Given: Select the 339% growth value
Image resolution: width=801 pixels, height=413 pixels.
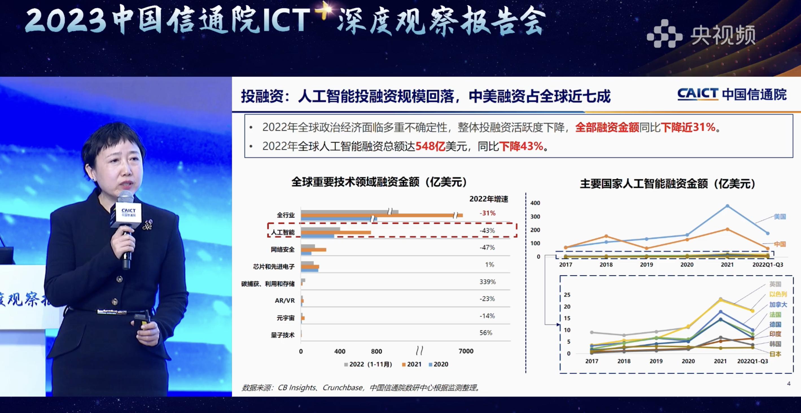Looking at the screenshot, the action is coord(487,282).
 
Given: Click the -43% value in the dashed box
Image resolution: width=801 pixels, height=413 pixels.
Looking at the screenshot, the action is coord(487,230).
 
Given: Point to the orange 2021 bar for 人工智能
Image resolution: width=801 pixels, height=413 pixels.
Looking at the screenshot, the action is coord(336,232).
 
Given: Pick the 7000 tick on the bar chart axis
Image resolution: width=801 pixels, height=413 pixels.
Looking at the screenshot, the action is coord(466,351).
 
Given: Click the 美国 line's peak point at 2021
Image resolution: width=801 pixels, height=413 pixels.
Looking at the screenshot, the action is coord(727,206).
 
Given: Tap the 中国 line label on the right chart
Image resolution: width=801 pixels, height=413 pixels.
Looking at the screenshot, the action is coord(780,244).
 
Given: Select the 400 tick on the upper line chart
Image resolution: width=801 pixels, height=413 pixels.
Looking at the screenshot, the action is coord(535,203).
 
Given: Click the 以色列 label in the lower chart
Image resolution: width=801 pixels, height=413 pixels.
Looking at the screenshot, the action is coord(778,294).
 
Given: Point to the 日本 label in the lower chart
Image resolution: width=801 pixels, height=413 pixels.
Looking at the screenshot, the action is coord(775,354).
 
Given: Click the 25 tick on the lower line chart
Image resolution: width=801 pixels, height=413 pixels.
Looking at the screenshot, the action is coord(567,295).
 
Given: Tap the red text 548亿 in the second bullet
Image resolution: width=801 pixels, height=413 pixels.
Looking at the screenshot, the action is coord(430,146).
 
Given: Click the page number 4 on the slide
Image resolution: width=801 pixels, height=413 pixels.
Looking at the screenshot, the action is coord(789,384).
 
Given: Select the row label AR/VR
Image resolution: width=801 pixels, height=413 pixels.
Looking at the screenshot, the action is coord(284,300).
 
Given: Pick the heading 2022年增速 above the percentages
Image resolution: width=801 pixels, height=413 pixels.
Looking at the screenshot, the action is coord(489,199).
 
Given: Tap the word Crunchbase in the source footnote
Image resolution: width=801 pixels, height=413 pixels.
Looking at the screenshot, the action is coord(342,388).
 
